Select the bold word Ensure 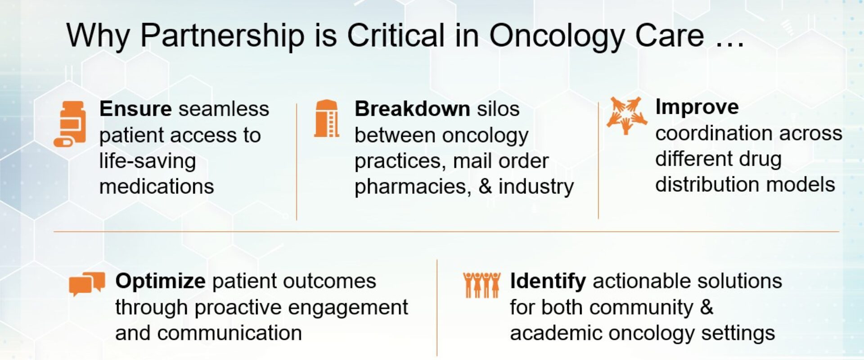pyautogui.click(x=135, y=109)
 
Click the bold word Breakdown pyautogui.click(x=412, y=109)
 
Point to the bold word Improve pyautogui.click(x=697, y=107)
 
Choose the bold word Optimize pyautogui.click(x=160, y=281)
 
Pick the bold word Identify pyautogui.click(x=548, y=281)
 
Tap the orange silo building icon pyautogui.click(x=327, y=118)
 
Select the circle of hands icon pyautogui.click(x=626, y=115)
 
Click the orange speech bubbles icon pyautogui.click(x=87, y=283)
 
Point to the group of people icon pyautogui.click(x=481, y=284)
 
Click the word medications pyautogui.click(x=157, y=186)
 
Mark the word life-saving pyautogui.click(x=148, y=161)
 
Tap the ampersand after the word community pyautogui.click(x=707, y=307)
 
